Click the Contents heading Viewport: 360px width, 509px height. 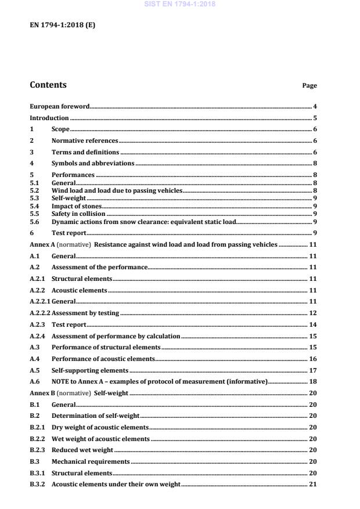[x=48, y=85]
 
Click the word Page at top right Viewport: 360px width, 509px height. [x=309, y=86]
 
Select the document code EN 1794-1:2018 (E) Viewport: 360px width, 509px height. [x=62, y=25]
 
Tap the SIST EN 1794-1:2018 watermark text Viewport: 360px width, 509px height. [x=179, y=5]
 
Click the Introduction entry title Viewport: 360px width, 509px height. [x=49, y=118]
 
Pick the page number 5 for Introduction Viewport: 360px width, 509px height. [x=314, y=118]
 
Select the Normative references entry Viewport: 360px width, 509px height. [x=85, y=140]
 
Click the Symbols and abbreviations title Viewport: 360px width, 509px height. [x=93, y=163]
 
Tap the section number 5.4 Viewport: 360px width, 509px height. [x=34, y=205]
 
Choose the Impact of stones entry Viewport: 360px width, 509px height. [x=77, y=205]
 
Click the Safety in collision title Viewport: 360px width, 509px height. [x=78, y=214]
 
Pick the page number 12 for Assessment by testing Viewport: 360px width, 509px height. [x=312, y=313]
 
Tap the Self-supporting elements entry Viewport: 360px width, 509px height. [x=90, y=370]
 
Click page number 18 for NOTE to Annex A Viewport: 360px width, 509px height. [x=312, y=381]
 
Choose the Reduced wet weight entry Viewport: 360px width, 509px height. [x=82, y=450]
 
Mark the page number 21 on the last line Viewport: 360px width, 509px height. [x=312, y=484]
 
